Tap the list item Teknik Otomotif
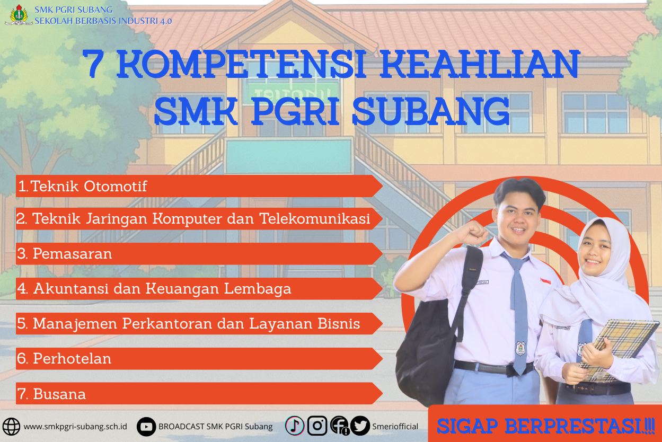pos(89,187)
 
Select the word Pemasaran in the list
pos(72,254)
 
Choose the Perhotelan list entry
pos(72,359)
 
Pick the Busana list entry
pos(59,394)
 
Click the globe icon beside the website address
pos(12,426)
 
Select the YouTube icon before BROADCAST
pos(146,426)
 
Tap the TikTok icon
pos(295,425)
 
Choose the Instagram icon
pos(317,425)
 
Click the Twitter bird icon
pos(360,425)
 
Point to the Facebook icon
pos(339,425)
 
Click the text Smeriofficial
pos(395,427)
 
